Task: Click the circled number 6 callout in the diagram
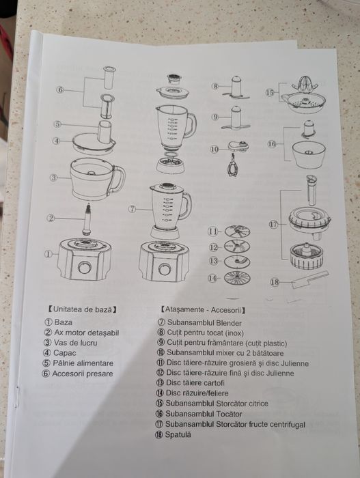pyautogui.click(x=60, y=90)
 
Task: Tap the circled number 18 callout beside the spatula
pyautogui.click(x=275, y=282)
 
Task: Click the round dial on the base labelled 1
pyautogui.click(x=85, y=268)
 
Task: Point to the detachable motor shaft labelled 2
pyautogui.click(x=88, y=219)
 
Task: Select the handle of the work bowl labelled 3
pyautogui.click(x=119, y=179)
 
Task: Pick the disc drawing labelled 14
pyautogui.click(x=237, y=278)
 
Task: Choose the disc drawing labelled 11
pyautogui.click(x=237, y=231)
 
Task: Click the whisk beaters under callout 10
pyautogui.click(x=233, y=166)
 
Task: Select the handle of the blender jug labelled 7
pyautogui.click(x=186, y=206)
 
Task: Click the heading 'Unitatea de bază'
pyautogui.click(x=83, y=309)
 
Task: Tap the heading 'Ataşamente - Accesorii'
pyautogui.click(x=203, y=310)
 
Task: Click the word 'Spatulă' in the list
pyautogui.click(x=178, y=435)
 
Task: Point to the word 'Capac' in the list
pyautogui.click(x=65, y=353)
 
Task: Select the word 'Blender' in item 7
pyautogui.click(x=229, y=323)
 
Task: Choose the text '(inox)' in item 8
pyautogui.click(x=234, y=333)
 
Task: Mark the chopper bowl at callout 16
pyautogui.click(x=309, y=154)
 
